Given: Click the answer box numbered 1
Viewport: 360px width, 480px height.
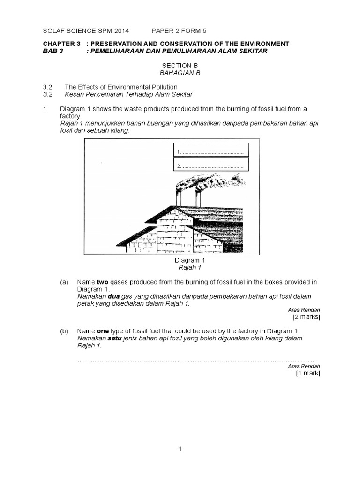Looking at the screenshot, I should pos(211,150).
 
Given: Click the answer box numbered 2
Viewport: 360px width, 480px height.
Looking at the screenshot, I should pos(211,165).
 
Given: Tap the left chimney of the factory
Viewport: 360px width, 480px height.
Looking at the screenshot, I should pos(179,198).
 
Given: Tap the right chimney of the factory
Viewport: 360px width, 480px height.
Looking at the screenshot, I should pos(198,199).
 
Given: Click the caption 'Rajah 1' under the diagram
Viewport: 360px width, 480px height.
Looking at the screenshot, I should pos(180,267).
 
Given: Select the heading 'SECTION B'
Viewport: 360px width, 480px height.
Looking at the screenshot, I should pos(180,66).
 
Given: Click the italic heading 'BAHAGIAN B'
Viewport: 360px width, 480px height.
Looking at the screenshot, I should pos(180,74).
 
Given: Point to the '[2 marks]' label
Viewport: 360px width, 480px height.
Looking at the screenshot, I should pos(306,317).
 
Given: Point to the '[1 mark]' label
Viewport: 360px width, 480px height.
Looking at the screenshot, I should pos(307,373).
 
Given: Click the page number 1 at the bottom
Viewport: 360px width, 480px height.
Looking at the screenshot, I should pos(180,449).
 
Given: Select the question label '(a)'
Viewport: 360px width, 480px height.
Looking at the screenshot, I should pos(64,282).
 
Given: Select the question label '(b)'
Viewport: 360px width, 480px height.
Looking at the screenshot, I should pos(64,331).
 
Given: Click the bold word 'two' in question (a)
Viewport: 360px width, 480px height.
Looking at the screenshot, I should pos(102,282).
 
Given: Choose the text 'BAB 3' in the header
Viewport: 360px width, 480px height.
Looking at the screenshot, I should pos(52,51).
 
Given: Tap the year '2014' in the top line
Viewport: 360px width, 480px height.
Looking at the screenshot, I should pos(121,31).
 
